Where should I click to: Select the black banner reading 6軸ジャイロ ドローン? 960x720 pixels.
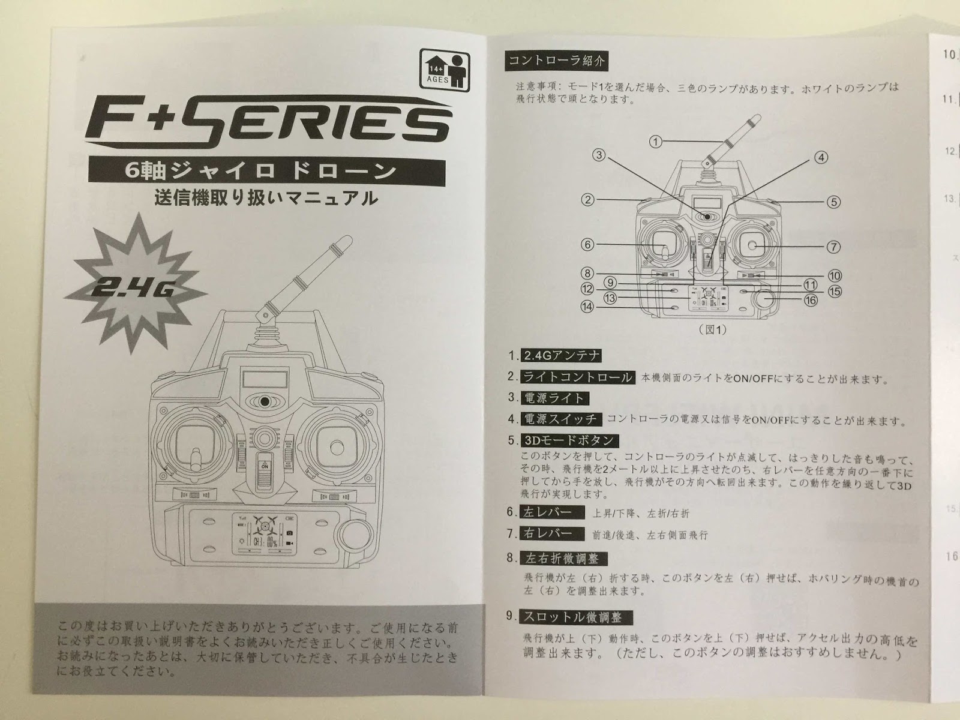point(268,170)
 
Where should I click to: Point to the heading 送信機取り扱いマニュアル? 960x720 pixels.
point(258,198)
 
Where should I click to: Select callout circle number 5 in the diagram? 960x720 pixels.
point(835,202)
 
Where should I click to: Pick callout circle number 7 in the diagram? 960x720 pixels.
point(834,246)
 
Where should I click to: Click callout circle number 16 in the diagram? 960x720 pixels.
point(811,300)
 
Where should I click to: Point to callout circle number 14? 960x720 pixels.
point(587,307)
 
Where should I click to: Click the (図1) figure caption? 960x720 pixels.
point(712,329)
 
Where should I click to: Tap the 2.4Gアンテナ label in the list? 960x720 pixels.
point(561,355)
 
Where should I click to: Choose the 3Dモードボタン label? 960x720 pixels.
point(568,440)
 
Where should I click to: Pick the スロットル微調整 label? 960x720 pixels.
point(572,617)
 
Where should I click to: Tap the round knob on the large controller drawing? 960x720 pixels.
point(356,533)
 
